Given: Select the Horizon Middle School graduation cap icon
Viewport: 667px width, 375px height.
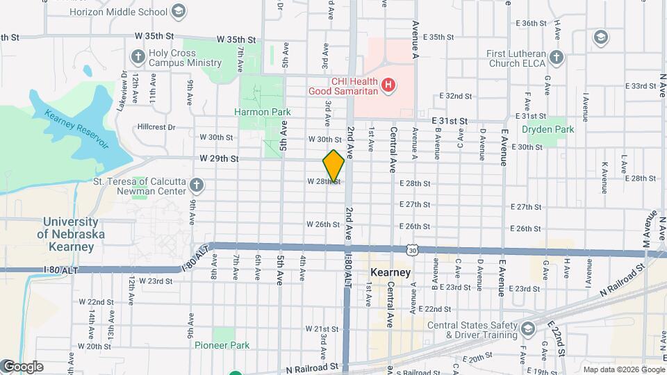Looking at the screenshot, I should point(179,11).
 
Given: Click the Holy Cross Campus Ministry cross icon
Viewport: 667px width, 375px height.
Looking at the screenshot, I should point(137,56).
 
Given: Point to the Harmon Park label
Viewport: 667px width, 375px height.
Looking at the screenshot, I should point(261,111).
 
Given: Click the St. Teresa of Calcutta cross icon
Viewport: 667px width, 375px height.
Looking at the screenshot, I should point(197,185).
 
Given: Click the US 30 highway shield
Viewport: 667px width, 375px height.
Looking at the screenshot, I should point(413,249).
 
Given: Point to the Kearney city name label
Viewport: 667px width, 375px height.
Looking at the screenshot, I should point(390,272).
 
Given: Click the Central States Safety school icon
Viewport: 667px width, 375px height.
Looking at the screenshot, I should point(527,328).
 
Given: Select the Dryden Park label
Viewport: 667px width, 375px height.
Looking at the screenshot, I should point(548,129).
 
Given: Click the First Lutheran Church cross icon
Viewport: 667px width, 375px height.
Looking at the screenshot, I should point(555,58).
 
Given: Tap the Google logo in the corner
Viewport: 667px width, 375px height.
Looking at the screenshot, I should point(23,367).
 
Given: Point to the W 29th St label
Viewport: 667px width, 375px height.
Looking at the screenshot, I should point(219,159).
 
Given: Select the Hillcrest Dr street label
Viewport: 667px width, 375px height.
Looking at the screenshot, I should point(156,127).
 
